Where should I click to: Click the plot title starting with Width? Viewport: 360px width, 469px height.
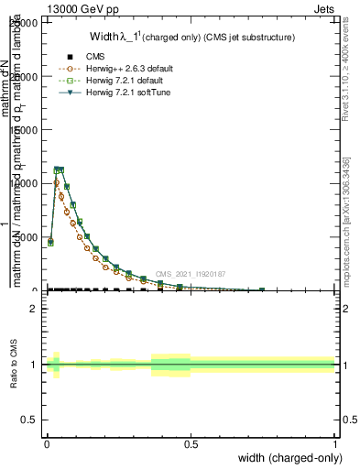(179, 38)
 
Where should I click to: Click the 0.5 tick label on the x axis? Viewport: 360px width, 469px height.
(191, 443)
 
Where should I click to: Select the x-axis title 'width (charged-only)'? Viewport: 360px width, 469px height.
(288, 458)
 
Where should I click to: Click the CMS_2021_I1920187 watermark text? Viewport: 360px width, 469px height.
(190, 274)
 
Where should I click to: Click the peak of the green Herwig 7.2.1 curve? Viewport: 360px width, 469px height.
(57, 169)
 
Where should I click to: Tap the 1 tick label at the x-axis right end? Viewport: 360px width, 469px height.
(335, 443)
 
